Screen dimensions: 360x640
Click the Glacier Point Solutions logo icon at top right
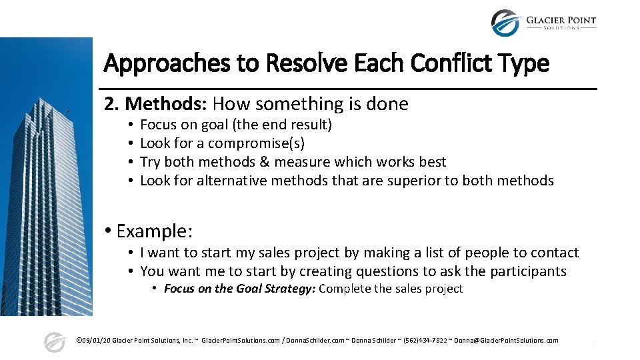pos(505,23)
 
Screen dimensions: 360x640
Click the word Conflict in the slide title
pos(449,64)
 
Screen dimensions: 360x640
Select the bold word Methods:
pos(167,104)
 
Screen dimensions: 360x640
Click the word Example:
pos(155,231)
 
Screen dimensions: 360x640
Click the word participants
pos(527,271)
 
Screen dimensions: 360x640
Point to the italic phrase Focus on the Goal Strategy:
pos(239,289)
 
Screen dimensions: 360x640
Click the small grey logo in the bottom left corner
pos(54,341)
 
